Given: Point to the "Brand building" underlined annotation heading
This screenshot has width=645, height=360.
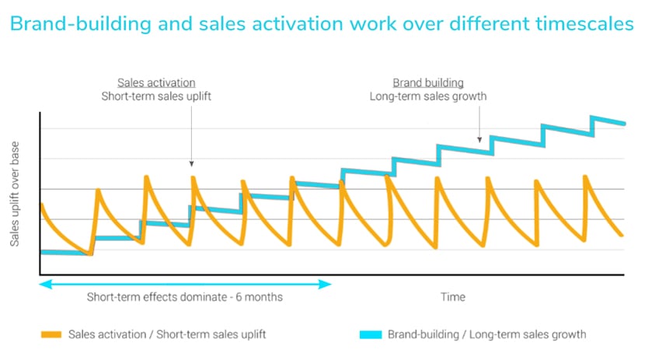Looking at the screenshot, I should [x=428, y=82].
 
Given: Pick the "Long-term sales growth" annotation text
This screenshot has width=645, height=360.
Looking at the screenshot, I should [x=428, y=96].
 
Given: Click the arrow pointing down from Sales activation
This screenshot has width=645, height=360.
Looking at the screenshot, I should [x=191, y=140].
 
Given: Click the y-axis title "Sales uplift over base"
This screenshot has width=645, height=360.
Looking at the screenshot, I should [x=15, y=194].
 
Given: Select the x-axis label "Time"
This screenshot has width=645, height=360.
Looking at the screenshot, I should [x=453, y=296].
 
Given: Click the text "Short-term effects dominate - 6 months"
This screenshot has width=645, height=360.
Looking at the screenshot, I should [x=185, y=297].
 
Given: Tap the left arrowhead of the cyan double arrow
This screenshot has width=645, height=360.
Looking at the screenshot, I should [x=44, y=285].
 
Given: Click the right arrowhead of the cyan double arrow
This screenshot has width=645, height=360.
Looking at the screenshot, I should [x=328, y=285].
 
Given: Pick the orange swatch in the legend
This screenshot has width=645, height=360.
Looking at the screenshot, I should [x=51, y=335].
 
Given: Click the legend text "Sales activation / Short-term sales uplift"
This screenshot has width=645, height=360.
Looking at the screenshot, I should [x=167, y=335].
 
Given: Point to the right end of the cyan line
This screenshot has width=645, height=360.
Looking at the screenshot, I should [x=624, y=123].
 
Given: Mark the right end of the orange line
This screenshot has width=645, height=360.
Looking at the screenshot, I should [x=622, y=234].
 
